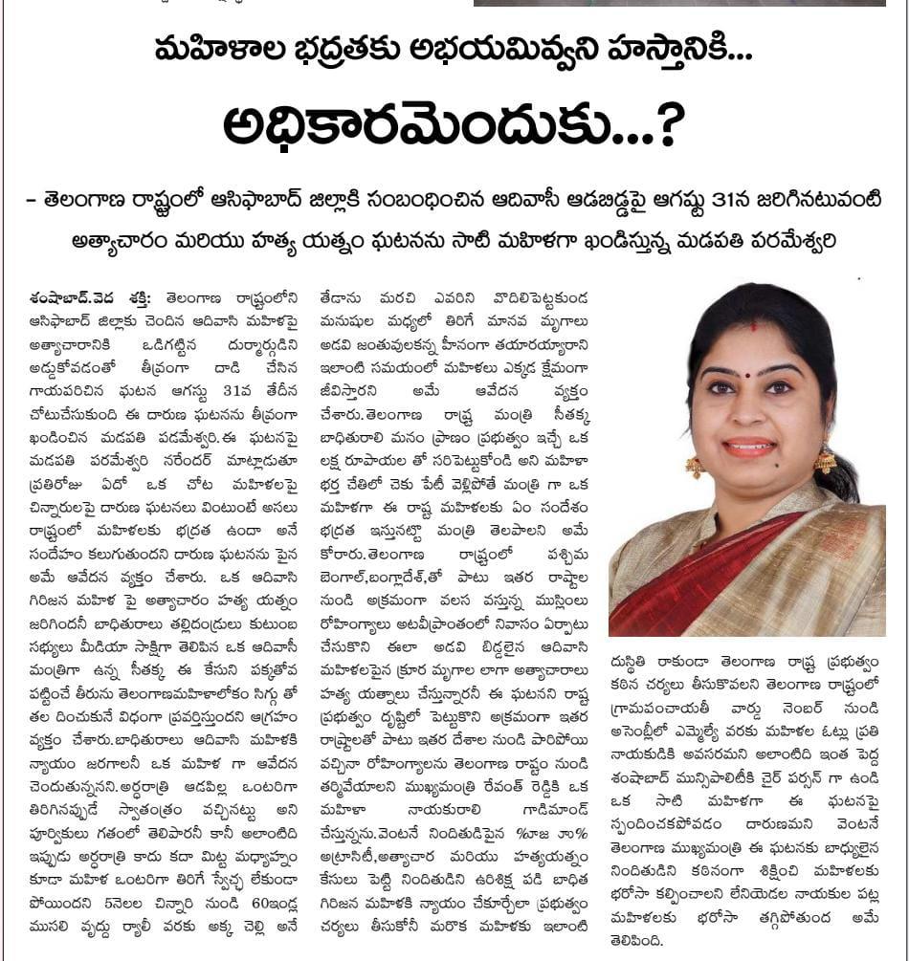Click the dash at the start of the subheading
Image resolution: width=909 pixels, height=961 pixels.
click(x=33, y=199)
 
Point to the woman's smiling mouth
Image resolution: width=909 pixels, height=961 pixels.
click(x=749, y=447)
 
